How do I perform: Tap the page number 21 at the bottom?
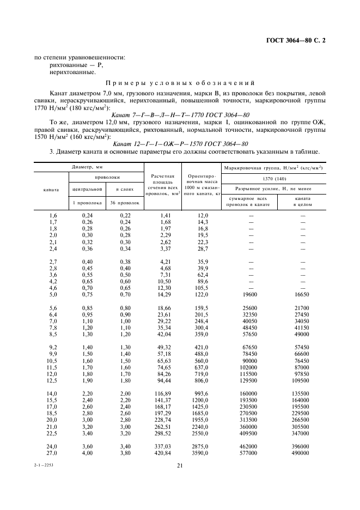click(x=180, y=465)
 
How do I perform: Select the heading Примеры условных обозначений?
click(x=180, y=83)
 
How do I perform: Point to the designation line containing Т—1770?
click(x=180, y=115)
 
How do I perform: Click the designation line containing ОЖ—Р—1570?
click(x=180, y=143)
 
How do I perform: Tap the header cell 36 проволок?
click(x=124, y=203)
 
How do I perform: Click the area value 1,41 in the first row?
click(x=164, y=216)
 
